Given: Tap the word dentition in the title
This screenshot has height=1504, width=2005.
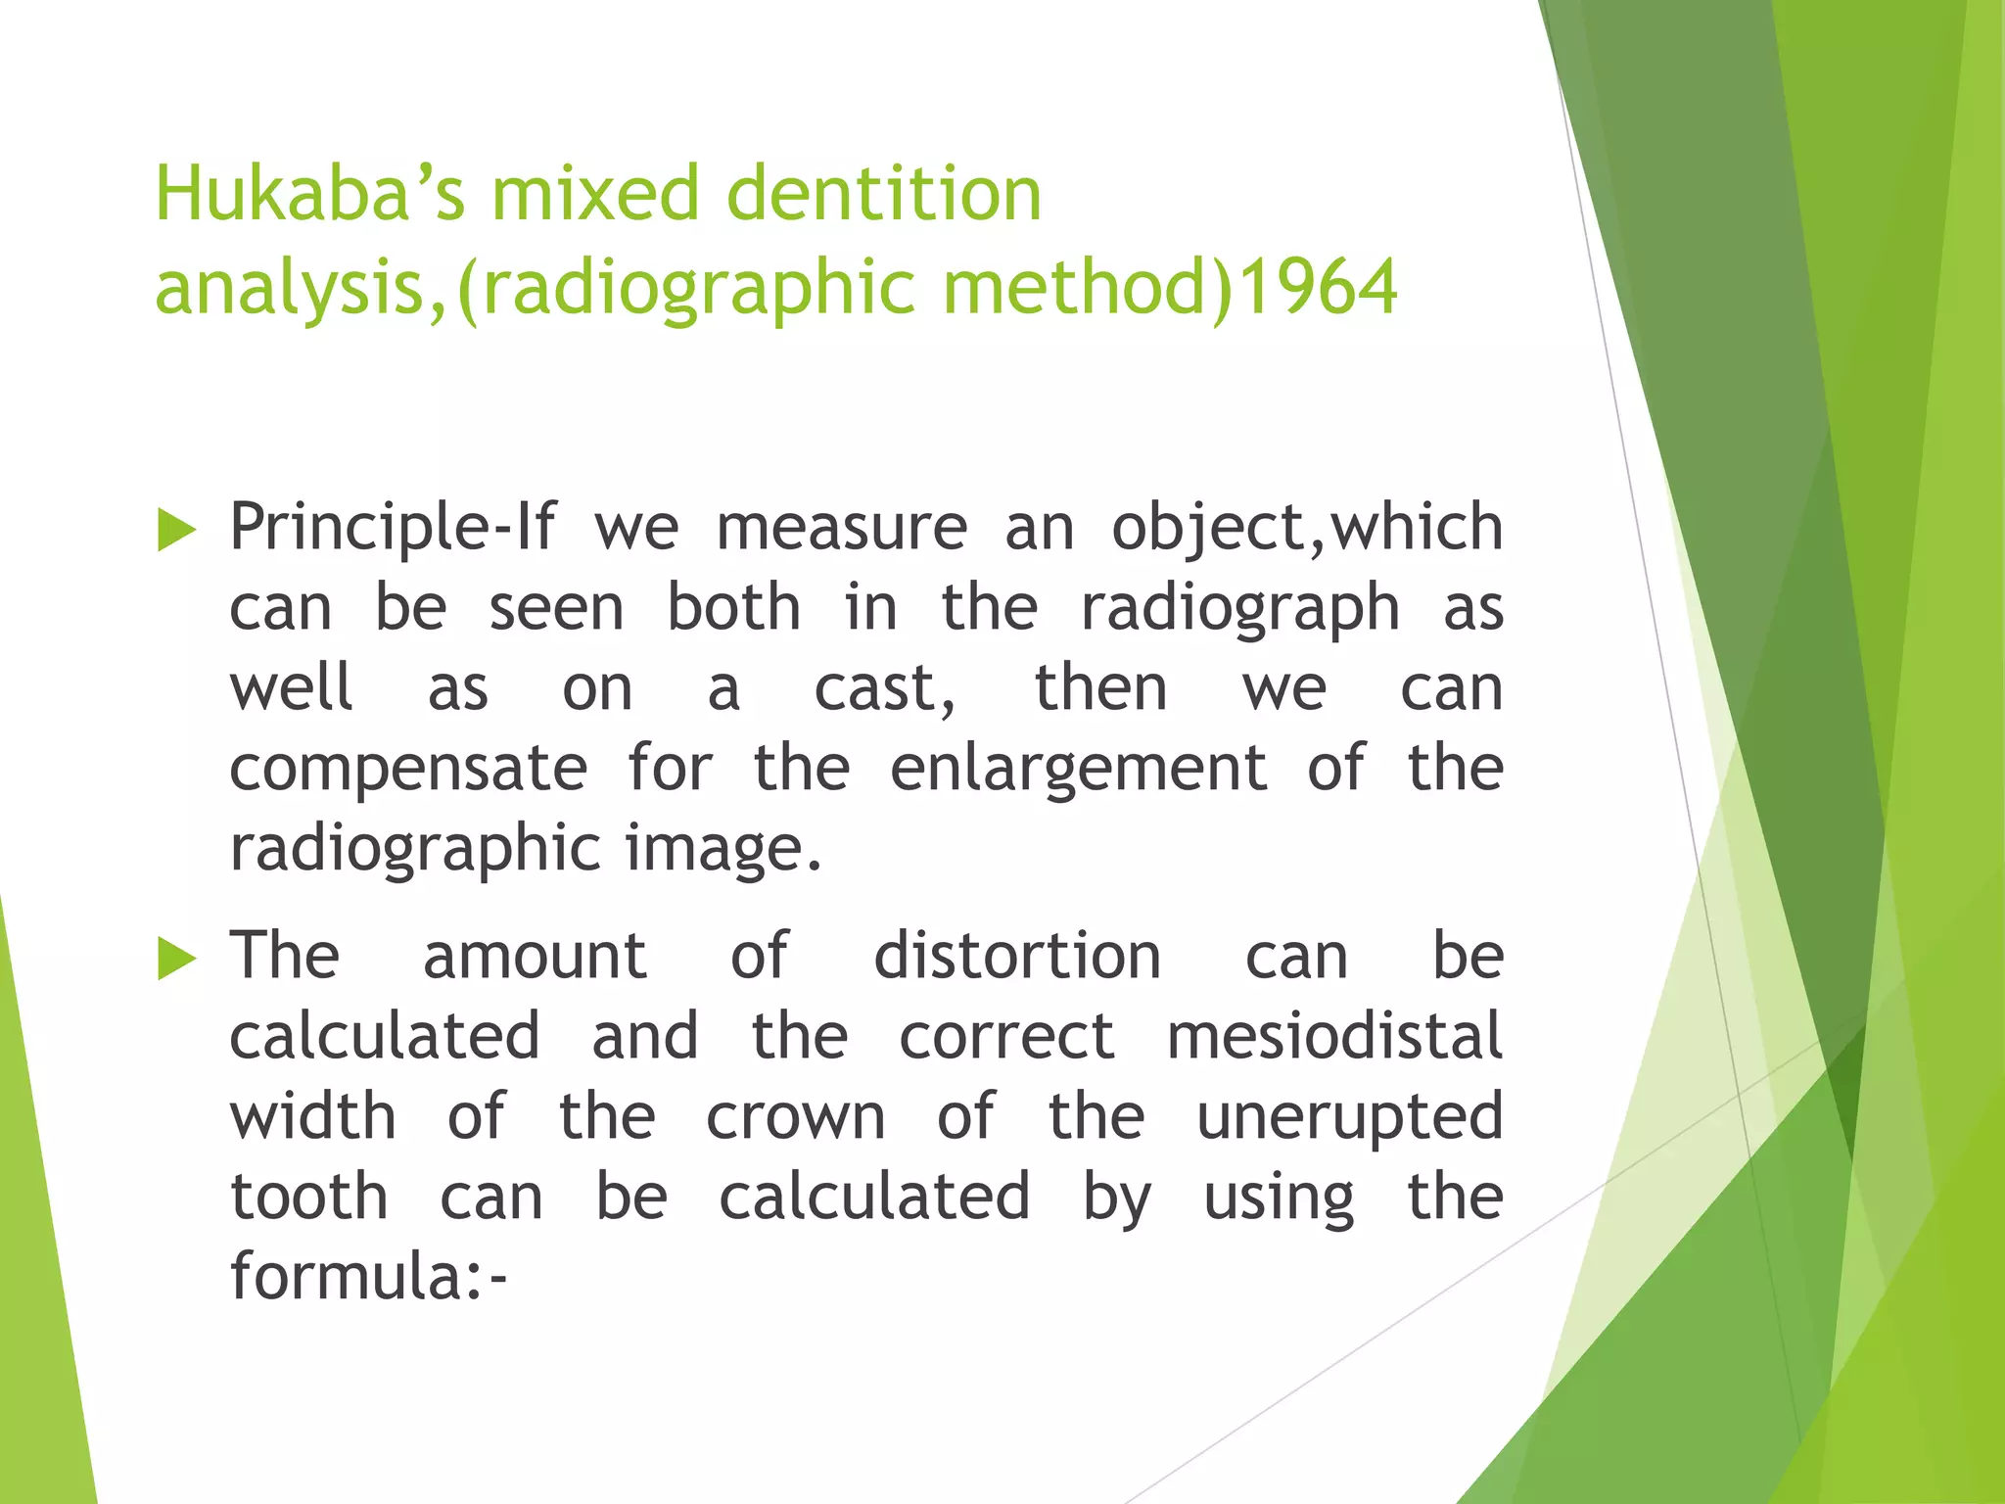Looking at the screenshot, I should pyautogui.click(x=883, y=195).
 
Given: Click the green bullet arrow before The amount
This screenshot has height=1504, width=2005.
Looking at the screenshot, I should pyautogui.click(x=176, y=959).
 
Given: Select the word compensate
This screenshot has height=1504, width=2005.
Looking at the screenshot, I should pyautogui.click(x=408, y=770).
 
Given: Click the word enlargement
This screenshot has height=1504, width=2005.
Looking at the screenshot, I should pyautogui.click(x=1078, y=770).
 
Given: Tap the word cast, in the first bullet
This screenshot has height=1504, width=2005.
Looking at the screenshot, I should pyautogui.click(x=885, y=689).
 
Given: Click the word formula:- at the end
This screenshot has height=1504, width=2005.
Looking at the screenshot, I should pyautogui.click(x=368, y=1279).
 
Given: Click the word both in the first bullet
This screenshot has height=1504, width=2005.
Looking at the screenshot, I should pyautogui.click(x=733, y=610).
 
